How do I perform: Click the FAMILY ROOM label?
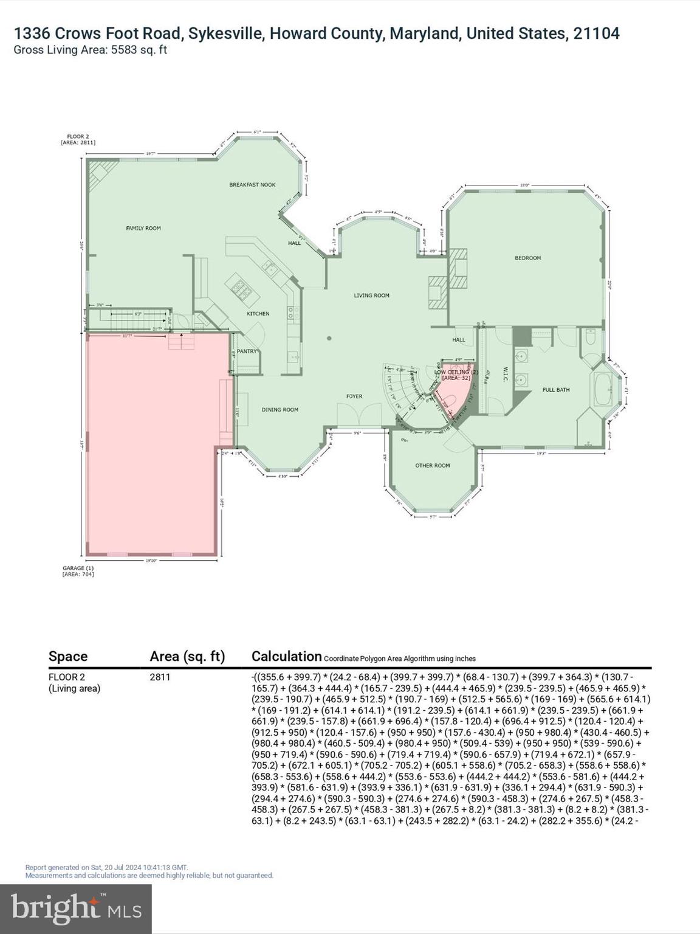143,228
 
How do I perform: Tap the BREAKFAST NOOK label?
252,185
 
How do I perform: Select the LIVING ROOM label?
372,296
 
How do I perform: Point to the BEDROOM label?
527,258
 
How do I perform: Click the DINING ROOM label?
280,410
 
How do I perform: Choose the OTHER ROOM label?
433,466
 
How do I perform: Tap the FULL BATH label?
556,390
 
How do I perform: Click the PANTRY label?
247,351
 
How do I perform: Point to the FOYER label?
354,396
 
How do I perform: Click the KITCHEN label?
258,314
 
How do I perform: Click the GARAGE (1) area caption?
78,571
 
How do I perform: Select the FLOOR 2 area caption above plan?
78,139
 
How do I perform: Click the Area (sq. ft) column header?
187,657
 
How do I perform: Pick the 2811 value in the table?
160,677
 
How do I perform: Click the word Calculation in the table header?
286,657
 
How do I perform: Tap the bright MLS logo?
76,908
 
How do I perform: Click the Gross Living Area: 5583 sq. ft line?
90,50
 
